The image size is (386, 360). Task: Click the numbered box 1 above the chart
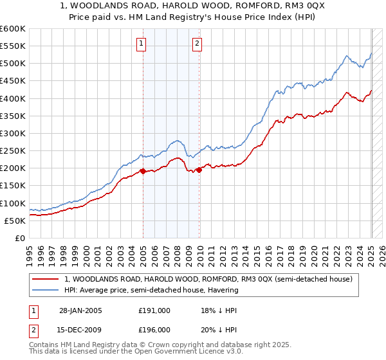coord(141,44)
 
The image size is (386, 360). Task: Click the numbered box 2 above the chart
coord(197,44)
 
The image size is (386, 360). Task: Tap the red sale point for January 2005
coord(143,171)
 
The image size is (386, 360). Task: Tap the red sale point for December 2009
coord(199,170)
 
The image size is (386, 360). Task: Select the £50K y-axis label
coord(14,221)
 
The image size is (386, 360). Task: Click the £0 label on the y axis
coord(19,238)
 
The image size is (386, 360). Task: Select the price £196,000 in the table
coord(154,329)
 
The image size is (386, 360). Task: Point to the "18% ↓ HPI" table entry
coord(219,310)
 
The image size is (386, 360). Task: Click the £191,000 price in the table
coord(154,310)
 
